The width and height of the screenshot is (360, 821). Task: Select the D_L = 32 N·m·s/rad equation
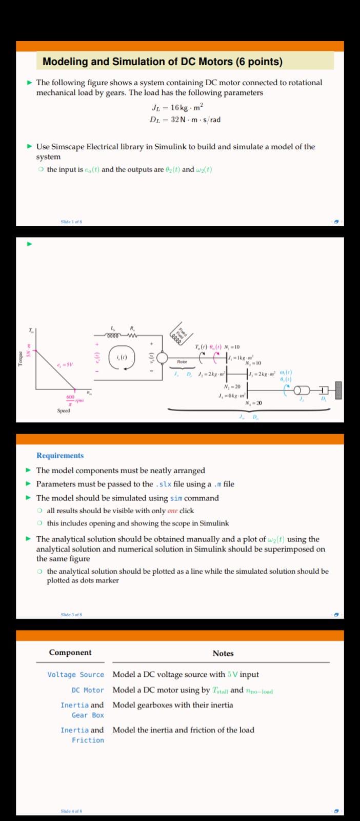point(185,120)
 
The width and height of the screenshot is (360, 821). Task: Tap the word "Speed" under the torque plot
point(64,411)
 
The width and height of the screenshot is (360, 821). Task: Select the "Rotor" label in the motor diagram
point(182,362)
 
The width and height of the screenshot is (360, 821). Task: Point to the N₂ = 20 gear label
point(233,386)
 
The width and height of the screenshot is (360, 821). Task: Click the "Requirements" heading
point(60,456)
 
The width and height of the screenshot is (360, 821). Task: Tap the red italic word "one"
point(172,511)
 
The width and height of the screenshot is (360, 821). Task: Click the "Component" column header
point(70,653)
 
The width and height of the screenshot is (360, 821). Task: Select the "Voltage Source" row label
point(75,675)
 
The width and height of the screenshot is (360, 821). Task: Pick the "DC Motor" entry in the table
point(88,690)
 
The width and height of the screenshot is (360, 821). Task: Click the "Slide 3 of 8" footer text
point(71,614)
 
